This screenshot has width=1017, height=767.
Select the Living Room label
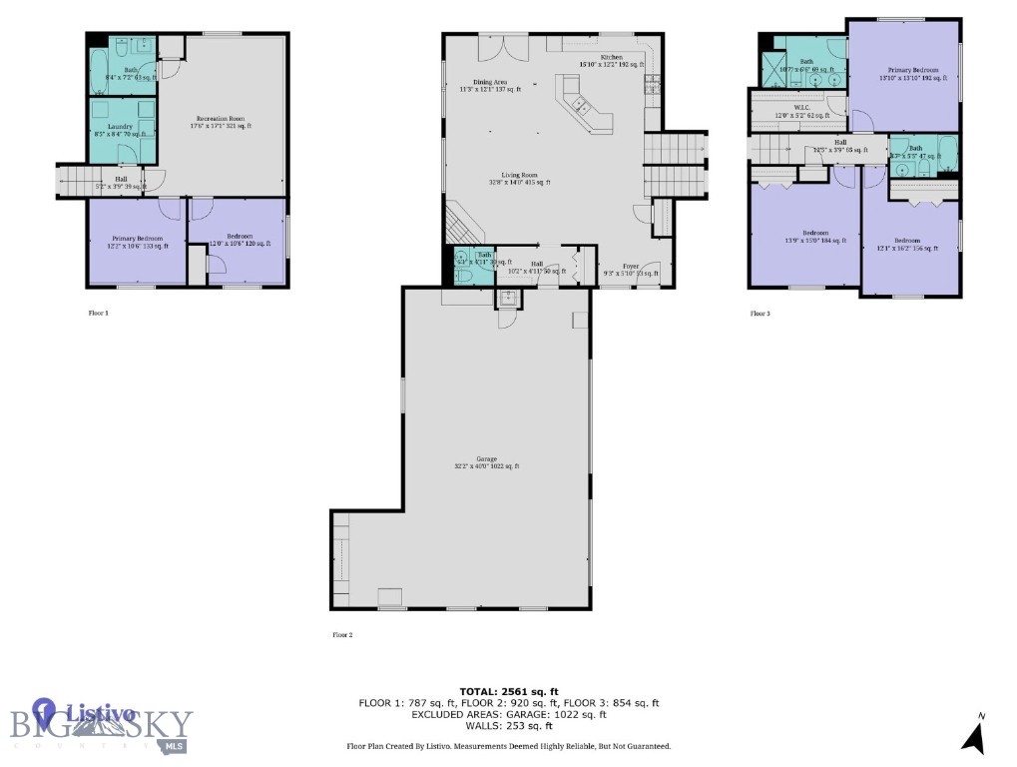click(520, 179)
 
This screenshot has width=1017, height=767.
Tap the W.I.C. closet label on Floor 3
click(800, 112)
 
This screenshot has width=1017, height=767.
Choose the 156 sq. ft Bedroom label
click(906, 244)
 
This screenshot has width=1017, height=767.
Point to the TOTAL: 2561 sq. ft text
click(508, 690)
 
